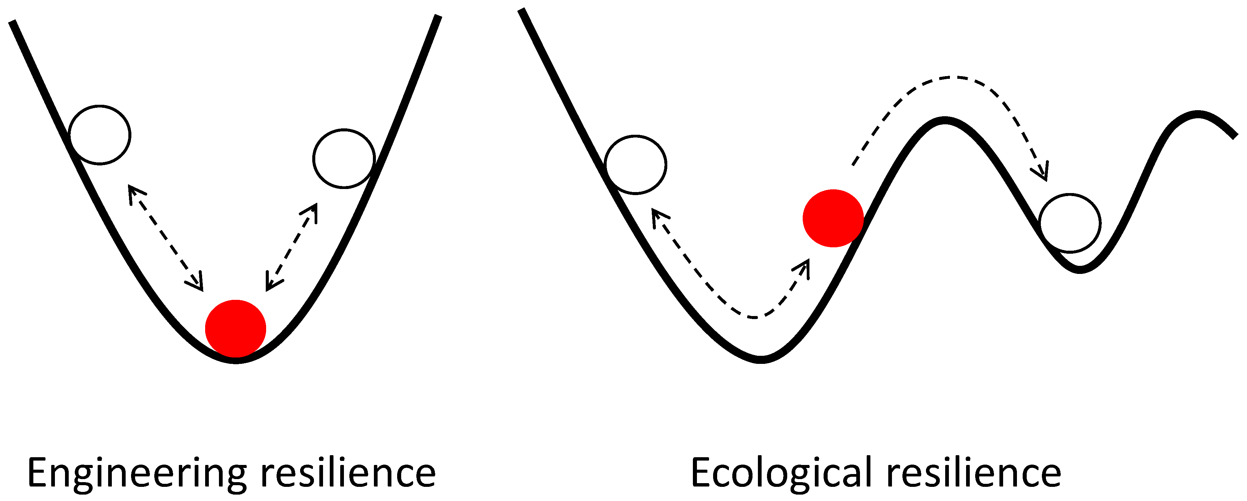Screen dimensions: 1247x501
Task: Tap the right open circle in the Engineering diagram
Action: coord(344,158)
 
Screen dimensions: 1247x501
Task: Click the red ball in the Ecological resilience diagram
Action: coord(833,218)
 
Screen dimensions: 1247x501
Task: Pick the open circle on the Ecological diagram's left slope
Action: coord(636,164)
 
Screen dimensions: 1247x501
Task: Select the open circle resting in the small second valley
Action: coord(1070,223)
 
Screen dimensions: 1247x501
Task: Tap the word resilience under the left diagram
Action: coord(348,473)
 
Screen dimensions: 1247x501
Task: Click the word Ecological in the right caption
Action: coord(781,473)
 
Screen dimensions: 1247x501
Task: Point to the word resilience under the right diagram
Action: coord(973,473)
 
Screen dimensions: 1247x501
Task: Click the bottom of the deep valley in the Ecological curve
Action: coord(761,359)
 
